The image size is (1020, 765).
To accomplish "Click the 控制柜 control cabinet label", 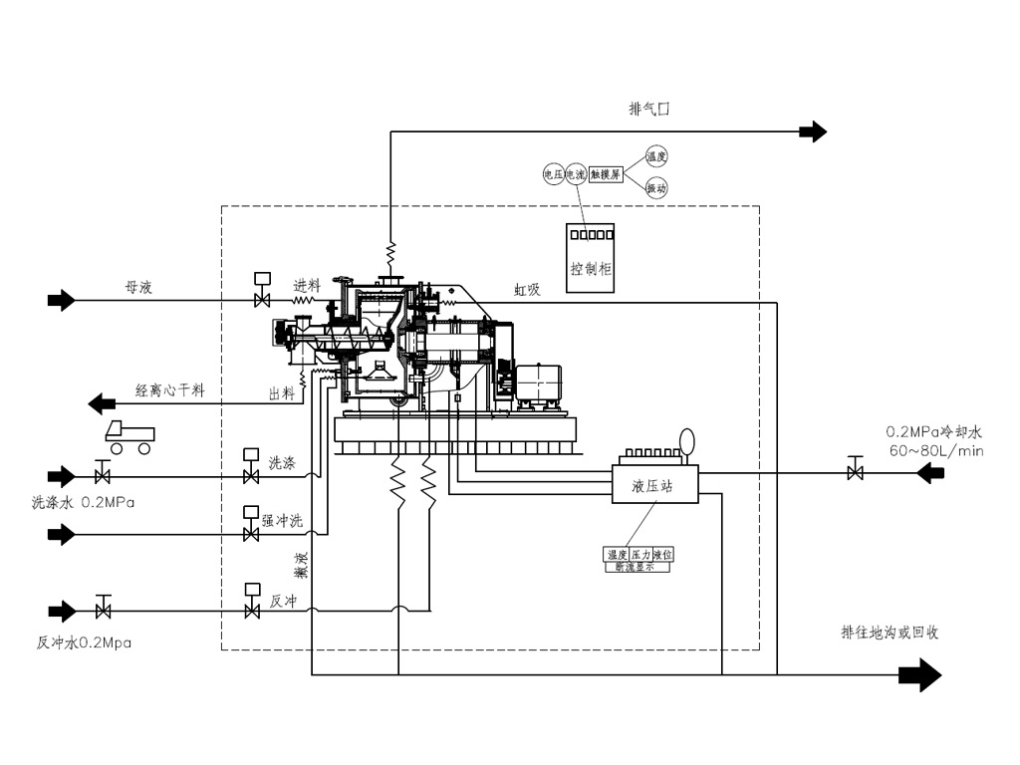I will point(590,268).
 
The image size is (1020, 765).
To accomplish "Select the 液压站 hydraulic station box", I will point(653,486).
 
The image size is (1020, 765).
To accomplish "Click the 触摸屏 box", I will point(605,173).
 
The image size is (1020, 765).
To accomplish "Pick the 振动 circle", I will point(656,188).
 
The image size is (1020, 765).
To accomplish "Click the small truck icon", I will point(129,435).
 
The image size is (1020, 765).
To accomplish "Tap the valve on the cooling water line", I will point(855,472).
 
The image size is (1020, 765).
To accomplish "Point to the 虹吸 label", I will point(527,289).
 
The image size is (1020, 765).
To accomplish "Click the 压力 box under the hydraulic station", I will point(639,555).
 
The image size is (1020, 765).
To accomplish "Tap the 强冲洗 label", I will point(281,519).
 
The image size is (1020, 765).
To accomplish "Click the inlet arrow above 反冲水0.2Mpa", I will point(62,610).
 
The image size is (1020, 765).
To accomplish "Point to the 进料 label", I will point(307,286).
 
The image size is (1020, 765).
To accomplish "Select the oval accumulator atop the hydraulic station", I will point(687,439).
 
